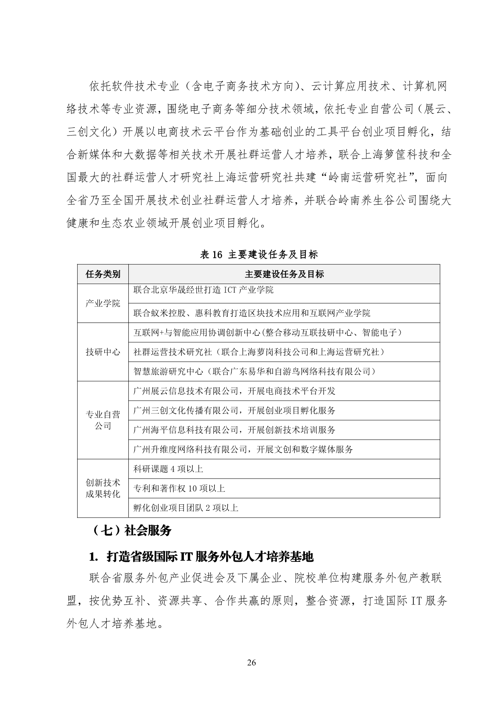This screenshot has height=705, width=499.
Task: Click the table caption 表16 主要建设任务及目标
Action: click(x=259, y=255)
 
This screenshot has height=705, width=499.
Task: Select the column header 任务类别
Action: click(x=103, y=274)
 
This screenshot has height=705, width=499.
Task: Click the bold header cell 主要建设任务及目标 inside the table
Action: click(x=284, y=274)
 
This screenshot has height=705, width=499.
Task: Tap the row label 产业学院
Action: click(x=103, y=303)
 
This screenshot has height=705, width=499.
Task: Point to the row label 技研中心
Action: click(x=103, y=352)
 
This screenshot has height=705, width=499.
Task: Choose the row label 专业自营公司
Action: click(x=103, y=420)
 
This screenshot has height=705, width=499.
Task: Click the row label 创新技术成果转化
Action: click(x=103, y=488)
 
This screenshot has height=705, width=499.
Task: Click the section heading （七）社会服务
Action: click(x=132, y=530)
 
